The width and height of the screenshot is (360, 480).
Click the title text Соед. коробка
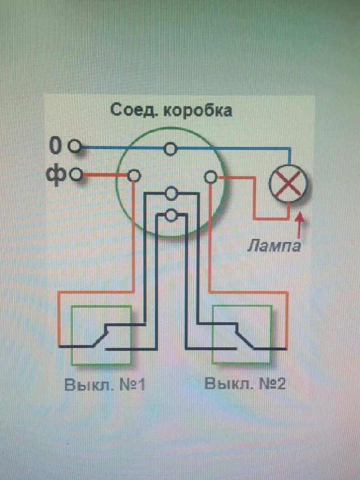click(171, 111)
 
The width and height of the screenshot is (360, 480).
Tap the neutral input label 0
click(55, 146)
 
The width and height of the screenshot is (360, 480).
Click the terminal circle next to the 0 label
click(74, 147)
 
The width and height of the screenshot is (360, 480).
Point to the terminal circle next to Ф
click(76, 175)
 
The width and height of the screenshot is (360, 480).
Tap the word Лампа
click(275, 247)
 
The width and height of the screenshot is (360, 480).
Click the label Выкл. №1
click(104, 384)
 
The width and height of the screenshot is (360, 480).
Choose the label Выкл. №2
click(245, 383)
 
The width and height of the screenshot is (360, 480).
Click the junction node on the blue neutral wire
click(171, 149)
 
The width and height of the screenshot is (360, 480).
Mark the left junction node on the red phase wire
click(134, 175)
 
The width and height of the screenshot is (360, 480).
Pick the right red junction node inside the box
click(211, 176)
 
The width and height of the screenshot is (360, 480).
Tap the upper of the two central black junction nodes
click(171, 194)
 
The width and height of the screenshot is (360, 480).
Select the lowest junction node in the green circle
click(171, 215)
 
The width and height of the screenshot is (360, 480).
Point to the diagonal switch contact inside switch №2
click(244, 337)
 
